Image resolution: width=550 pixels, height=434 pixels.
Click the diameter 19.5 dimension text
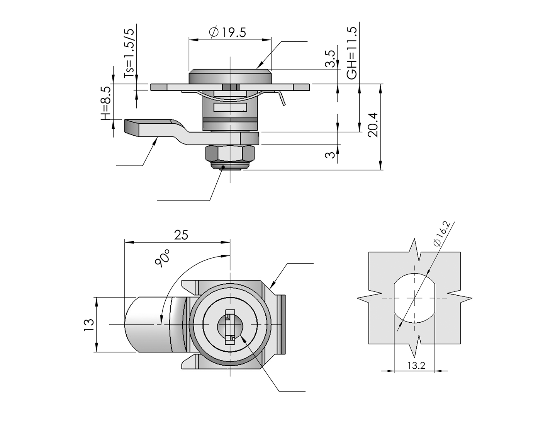tap(227, 32)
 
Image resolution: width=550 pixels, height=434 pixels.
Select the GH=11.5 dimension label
tap(351, 53)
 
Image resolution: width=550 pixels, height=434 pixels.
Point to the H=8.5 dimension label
tap(106, 102)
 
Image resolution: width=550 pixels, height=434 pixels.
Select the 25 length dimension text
tap(181, 235)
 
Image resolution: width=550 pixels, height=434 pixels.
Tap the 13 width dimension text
tap(88, 324)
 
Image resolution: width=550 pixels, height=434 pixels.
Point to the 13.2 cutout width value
tap(416, 366)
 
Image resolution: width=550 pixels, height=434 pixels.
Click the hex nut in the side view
tap(229, 154)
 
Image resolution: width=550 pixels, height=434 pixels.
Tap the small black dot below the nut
tap(223, 167)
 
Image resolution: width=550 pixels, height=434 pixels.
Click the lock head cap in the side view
tap(229, 76)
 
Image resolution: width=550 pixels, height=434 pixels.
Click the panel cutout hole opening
tap(414, 298)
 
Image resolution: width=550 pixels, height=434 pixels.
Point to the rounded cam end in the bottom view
tap(133, 325)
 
